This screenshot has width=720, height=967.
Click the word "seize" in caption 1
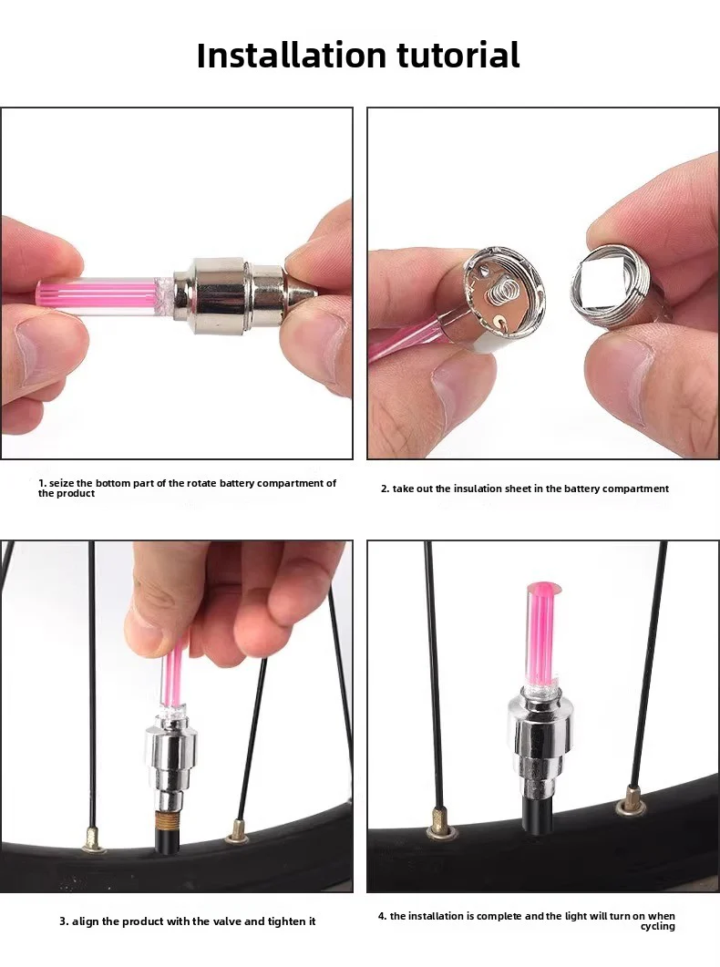tap(63, 483)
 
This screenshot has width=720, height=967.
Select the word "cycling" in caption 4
tap(657, 927)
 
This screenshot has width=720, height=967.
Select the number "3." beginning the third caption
tap(65, 921)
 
